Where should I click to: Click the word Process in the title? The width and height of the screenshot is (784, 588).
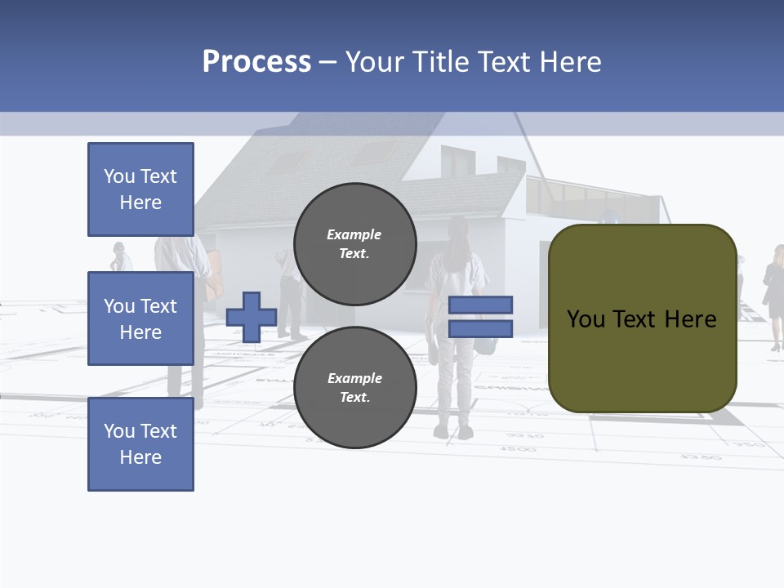256,62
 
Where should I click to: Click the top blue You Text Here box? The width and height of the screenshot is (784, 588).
140,189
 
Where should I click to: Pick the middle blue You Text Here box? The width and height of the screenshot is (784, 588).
140,318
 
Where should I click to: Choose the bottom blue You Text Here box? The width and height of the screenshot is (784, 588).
140,444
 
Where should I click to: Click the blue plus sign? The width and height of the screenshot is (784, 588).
251,317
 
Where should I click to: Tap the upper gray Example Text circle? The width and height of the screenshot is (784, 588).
354,244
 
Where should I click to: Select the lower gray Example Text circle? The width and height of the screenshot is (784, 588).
354,387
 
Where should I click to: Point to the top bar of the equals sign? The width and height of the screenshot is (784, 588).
480,305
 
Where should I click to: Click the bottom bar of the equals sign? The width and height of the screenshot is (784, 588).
480,328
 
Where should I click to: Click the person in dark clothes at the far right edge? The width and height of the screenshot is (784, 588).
773,294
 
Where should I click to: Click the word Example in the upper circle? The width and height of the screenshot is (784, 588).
354,234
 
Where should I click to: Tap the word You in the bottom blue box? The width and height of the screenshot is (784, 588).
119,431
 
